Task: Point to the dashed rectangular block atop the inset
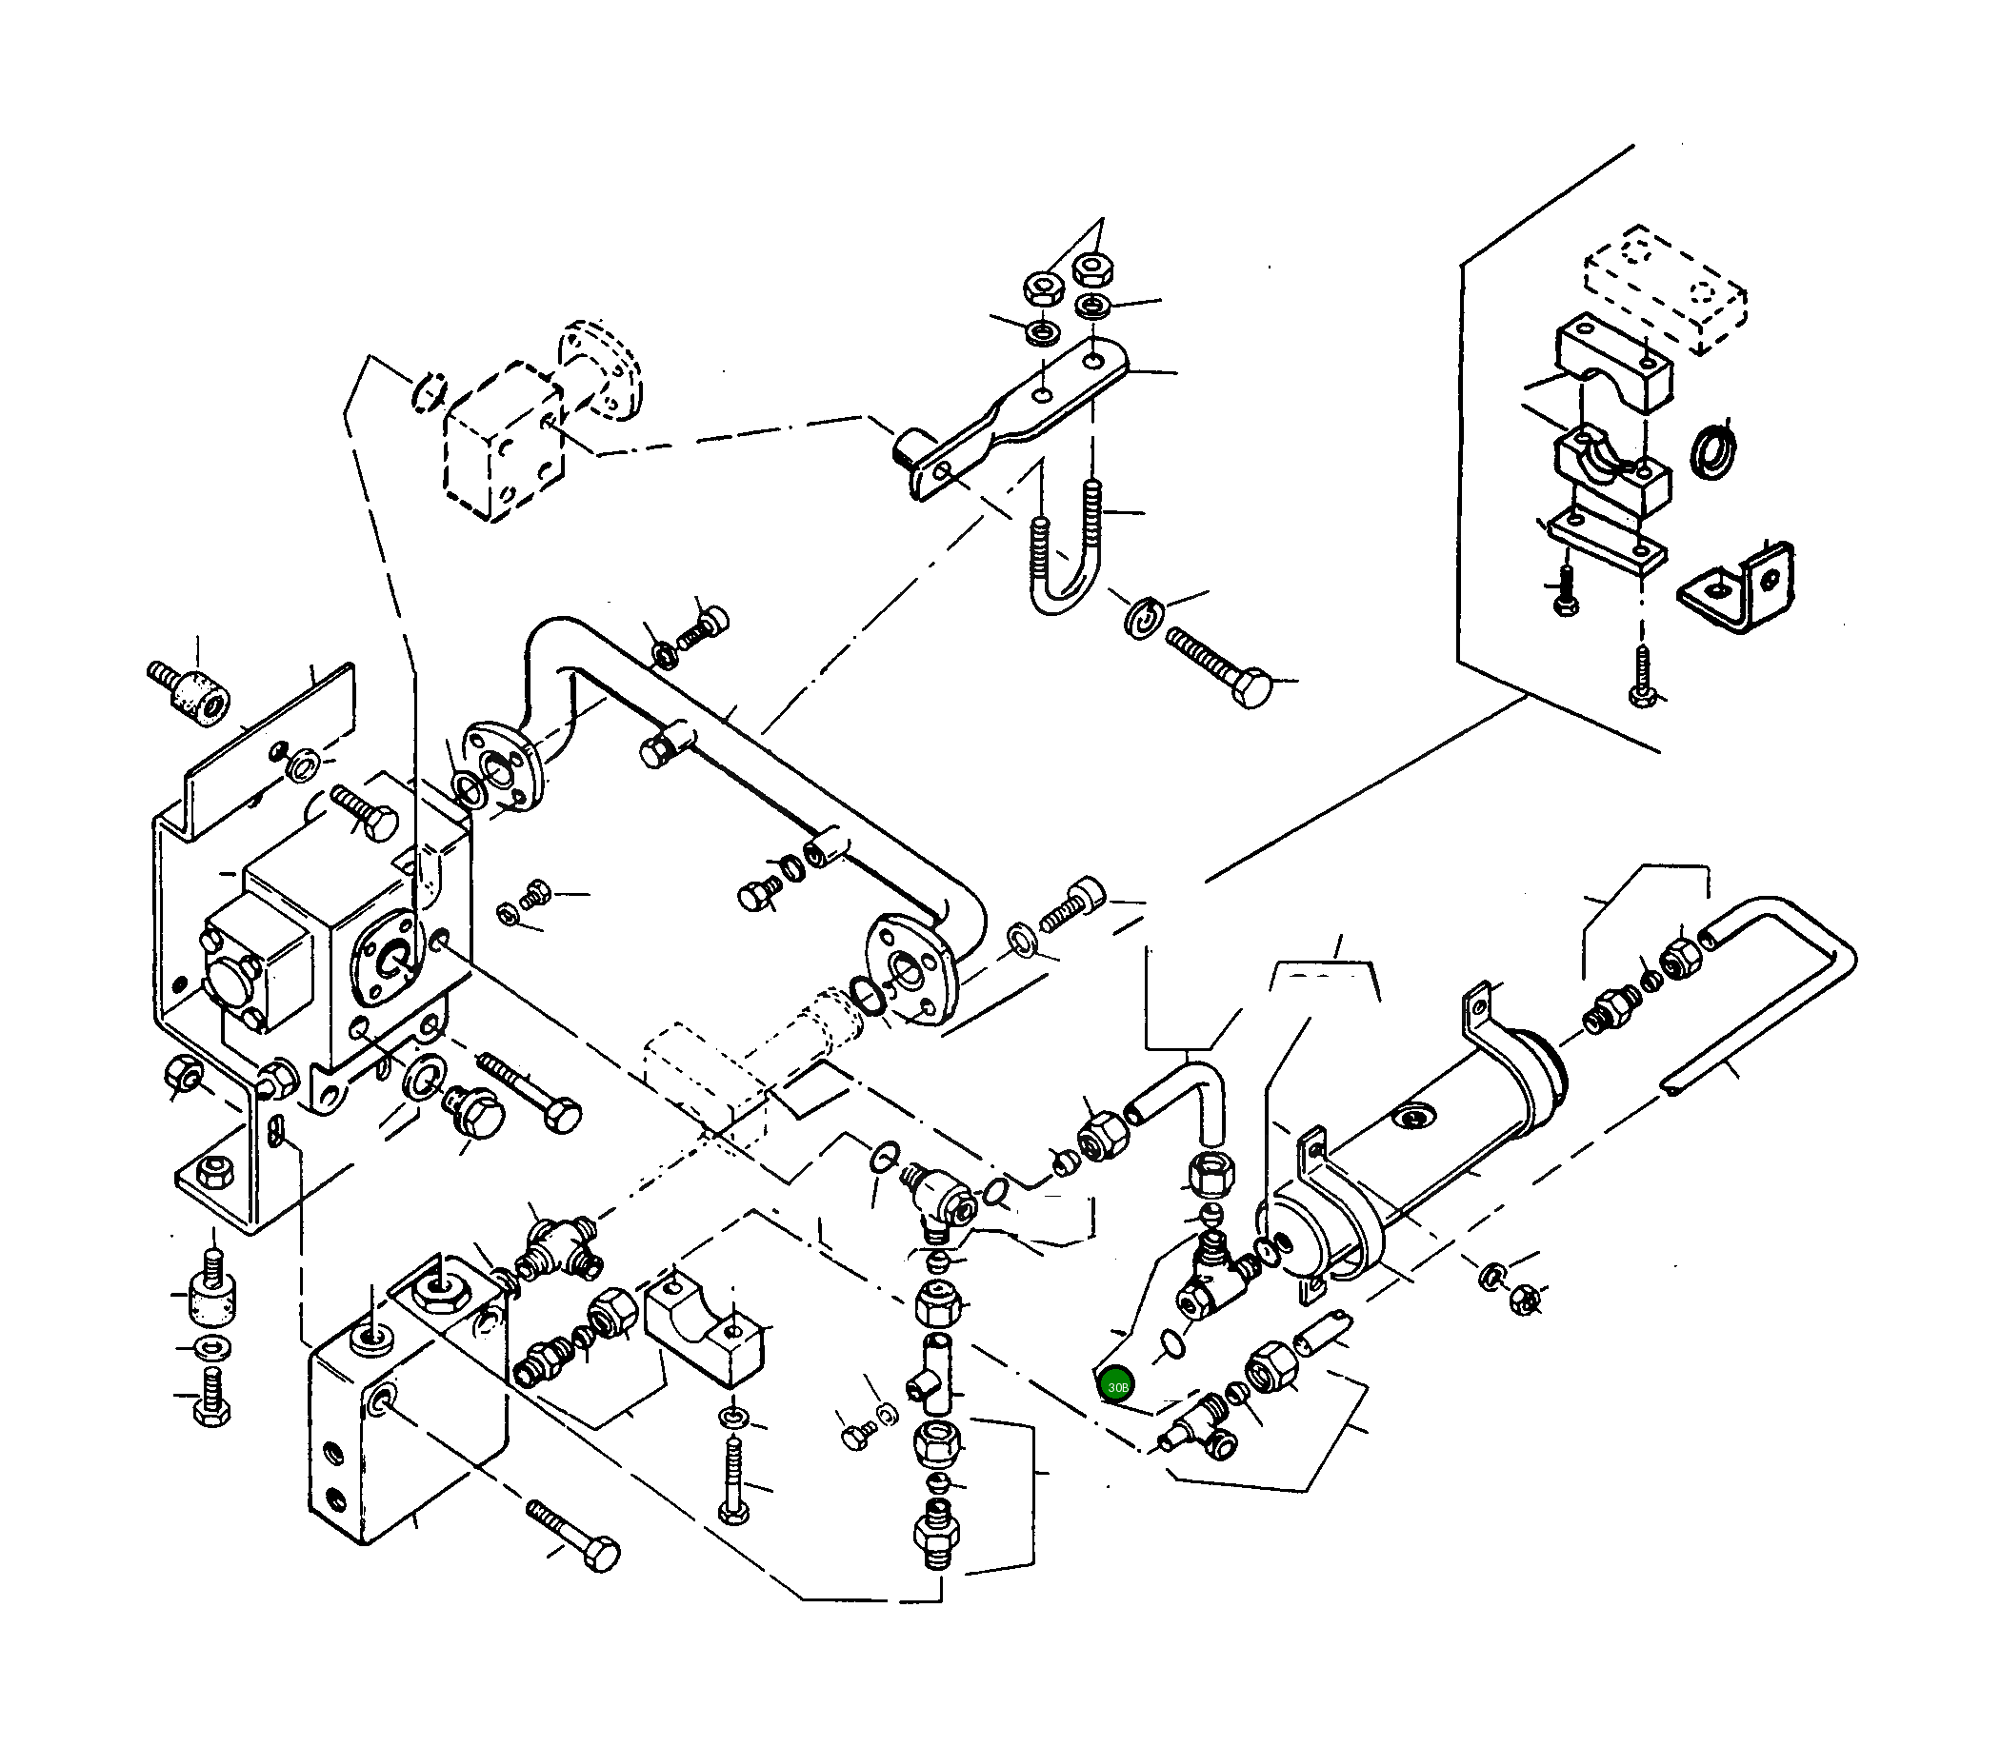pyautogui.click(x=1664, y=289)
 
